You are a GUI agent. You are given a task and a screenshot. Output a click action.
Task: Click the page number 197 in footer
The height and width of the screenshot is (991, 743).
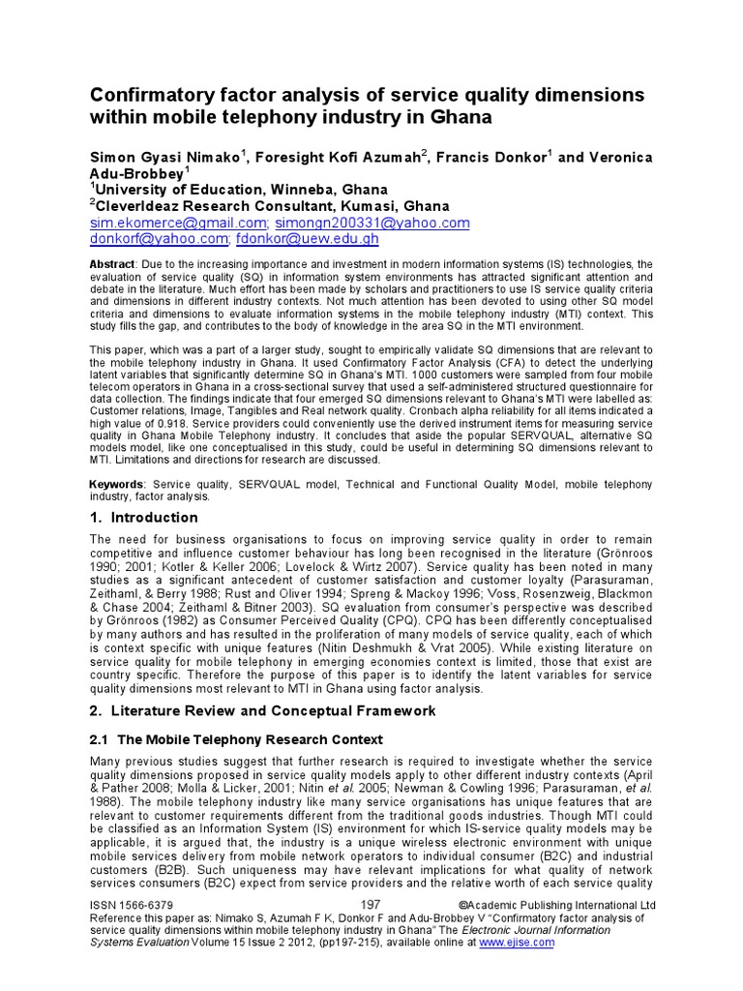[x=370, y=904]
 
